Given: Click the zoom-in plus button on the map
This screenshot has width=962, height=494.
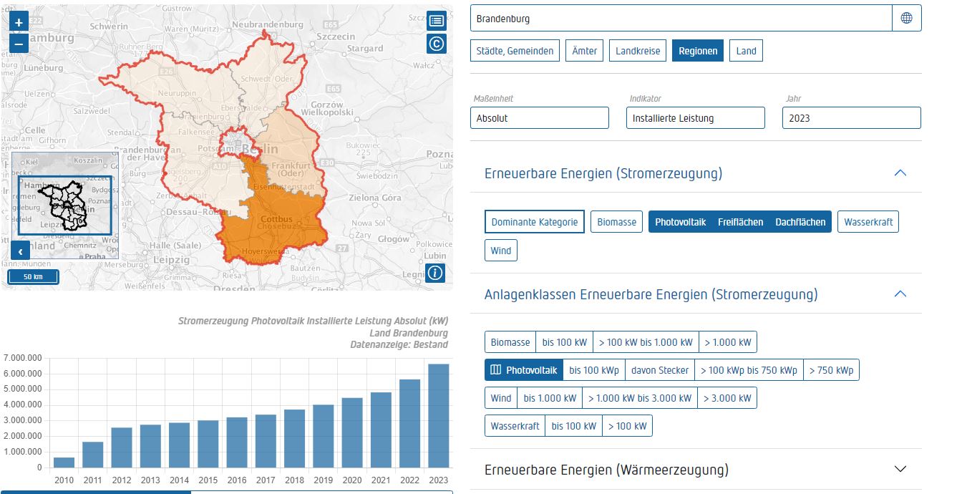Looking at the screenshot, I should [19, 22].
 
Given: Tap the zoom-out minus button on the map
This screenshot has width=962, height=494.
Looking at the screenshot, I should [19, 43].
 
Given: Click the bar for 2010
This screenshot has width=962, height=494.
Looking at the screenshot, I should [64, 462].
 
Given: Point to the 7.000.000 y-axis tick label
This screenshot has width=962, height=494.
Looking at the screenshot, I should [23, 358].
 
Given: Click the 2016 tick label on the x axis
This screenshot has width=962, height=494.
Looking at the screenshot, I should [237, 480].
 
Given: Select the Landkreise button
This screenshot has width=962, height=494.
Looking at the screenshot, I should [638, 51].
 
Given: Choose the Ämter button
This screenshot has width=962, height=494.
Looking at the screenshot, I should [585, 51].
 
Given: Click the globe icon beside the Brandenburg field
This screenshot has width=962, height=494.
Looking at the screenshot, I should [906, 19].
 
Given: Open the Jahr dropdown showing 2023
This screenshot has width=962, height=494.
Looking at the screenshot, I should [851, 118].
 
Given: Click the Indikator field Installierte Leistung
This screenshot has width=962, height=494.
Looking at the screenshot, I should [695, 118].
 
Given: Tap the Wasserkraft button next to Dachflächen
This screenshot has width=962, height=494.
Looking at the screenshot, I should [868, 222].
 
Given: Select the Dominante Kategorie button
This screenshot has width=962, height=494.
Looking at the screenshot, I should [534, 222].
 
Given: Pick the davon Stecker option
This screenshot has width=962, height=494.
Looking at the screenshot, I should [659, 370].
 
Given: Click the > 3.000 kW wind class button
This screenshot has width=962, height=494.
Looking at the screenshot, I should [727, 398].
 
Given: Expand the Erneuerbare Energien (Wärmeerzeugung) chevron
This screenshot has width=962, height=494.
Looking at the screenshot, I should [900, 469].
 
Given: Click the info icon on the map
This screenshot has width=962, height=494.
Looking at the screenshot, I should [435, 273].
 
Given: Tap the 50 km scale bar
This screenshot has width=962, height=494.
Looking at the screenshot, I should [33, 276].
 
